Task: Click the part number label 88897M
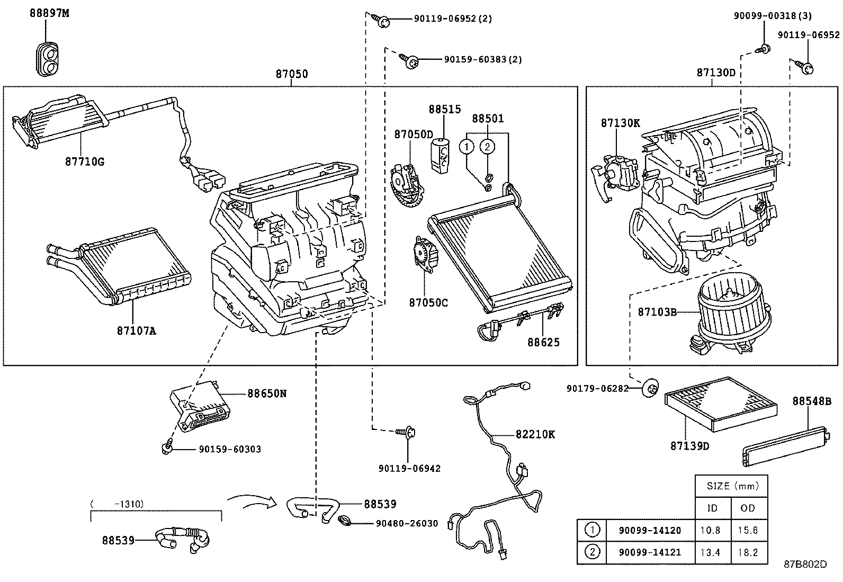tap(49, 13)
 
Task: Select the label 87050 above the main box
tap(291, 74)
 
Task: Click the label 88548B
tap(811, 401)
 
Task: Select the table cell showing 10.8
tap(712, 530)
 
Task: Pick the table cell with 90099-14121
tap(650, 553)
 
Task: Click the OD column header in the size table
tap(748, 508)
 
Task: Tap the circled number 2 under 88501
tap(488, 146)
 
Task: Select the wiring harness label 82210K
tap(535, 434)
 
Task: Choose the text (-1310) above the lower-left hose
tap(117, 504)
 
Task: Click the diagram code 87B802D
tap(805, 564)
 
